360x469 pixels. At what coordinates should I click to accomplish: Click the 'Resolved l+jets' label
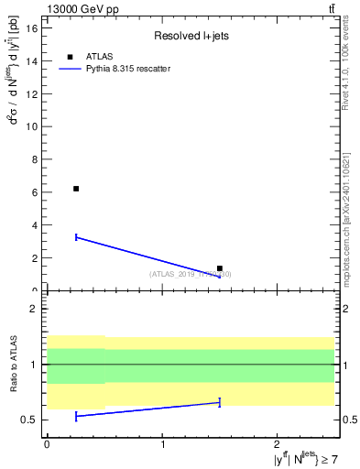click(x=189, y=37)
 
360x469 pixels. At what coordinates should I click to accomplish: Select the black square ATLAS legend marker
click(x=71, y=57)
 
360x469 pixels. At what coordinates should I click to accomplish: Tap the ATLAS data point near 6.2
click(x=76, y=189)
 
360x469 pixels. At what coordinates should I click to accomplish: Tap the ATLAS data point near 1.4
click(x=220, y=268)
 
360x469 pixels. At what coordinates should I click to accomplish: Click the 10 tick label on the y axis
click(x=32, y=126)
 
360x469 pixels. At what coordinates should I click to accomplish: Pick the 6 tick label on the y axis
click(x=35, y=192)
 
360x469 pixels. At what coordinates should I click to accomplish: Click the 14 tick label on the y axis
click(x=32, y=60)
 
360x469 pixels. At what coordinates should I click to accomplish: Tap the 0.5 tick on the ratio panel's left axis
click(x=32, y=420)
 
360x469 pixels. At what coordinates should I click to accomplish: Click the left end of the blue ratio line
click(x=76, y=416)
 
